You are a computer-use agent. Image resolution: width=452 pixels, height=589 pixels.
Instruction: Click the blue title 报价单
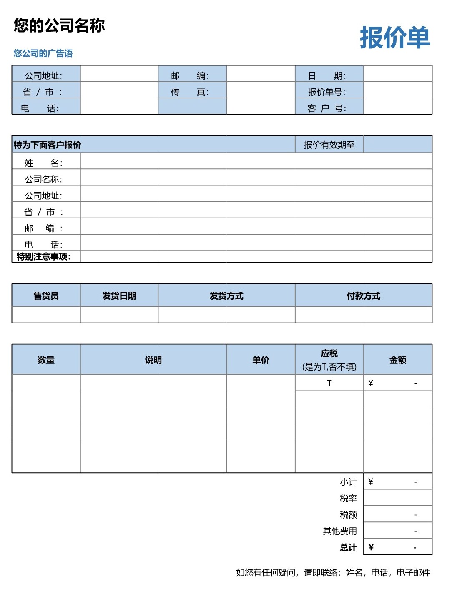[x=394, y=38]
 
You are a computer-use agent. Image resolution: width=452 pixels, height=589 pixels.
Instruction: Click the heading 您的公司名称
[x=59, y=25]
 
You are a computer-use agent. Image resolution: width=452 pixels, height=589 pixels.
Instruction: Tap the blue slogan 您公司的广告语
[x=43, y=53]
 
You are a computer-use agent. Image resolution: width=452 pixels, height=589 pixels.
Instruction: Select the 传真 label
[x=190, y=92]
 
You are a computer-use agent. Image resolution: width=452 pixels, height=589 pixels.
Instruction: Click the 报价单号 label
[x=326, y=92]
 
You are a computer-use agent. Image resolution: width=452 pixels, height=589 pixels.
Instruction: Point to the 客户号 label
[x=326, y=108]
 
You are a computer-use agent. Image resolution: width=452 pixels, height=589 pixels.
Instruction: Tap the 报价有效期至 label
[x=329, y=145]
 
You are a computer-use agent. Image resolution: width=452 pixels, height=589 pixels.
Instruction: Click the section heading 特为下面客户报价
[x=48, y=145]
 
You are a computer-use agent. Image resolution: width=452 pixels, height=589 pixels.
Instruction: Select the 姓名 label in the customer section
[x=43, y=163]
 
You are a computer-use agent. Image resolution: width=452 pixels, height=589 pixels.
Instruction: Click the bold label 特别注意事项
[x=44, y=256]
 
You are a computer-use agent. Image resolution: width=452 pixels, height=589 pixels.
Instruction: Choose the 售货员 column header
[x=46, y=296]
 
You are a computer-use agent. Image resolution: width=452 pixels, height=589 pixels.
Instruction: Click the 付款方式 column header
[x=363, y=296]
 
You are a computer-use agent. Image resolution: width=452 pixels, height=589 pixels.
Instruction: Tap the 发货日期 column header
[x=119, y=296]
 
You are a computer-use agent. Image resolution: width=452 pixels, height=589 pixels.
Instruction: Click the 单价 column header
[x=261, y=360]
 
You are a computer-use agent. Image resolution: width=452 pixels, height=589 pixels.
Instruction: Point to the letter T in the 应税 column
[x=329, y=383]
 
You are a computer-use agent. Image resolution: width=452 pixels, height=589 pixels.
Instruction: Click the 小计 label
[x=348, y=482]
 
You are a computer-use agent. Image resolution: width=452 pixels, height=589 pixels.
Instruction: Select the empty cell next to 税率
[x=397, y=498]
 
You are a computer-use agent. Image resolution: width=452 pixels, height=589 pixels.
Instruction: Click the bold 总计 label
[x=348, y=547]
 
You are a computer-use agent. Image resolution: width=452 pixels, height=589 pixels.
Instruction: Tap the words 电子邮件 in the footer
[x=413, y=573]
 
